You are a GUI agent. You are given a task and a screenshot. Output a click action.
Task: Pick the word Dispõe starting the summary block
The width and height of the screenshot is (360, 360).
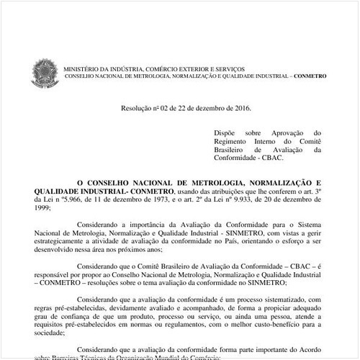click(225, 133)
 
